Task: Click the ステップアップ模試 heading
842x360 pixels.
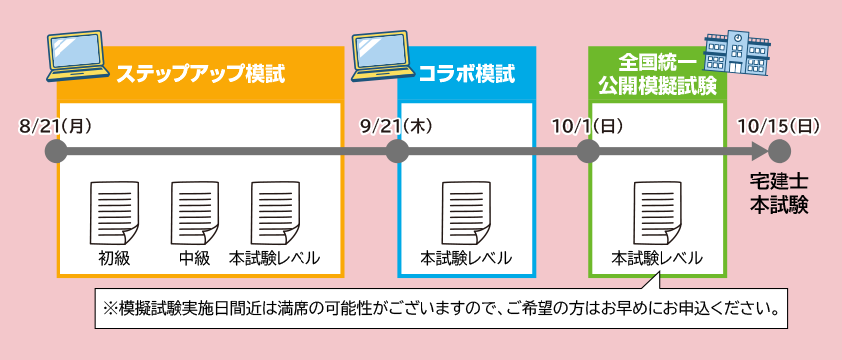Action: (200, 74)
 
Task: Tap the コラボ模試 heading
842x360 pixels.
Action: (466, 74)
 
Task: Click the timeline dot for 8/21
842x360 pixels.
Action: (57, 151)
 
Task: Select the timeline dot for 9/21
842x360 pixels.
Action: (397, 151)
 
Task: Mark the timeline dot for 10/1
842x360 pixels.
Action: (588, 151)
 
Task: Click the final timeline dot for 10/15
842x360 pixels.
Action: (780, 151)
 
